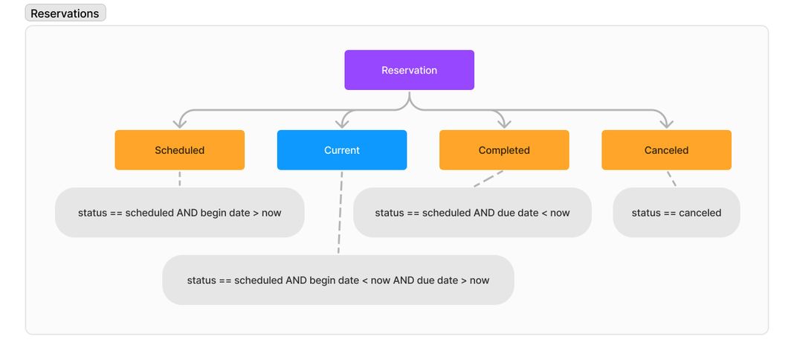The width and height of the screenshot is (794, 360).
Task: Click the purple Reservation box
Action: tap(409, 70)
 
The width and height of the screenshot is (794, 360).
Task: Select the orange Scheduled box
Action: tap(179, 150)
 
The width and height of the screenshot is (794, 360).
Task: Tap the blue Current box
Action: tap(341, 150)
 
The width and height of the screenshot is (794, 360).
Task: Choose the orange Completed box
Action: tap(504, 150)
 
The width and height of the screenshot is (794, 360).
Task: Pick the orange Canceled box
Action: tap(666, 150)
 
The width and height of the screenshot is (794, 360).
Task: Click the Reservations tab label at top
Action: tap(65, 13)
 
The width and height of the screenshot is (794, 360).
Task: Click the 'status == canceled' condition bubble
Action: tap(676, 213)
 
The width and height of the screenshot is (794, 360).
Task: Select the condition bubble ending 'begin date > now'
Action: tap(180, 213)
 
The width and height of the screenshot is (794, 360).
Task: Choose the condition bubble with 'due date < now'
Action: tap(472, 213)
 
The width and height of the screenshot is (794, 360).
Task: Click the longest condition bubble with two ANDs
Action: tap(338, 280)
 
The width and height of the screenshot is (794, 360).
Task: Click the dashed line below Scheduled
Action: tap(179, 179)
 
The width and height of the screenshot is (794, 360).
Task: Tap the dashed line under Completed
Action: tap(488, 179)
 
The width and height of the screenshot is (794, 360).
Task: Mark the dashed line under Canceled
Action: tap(671, 179)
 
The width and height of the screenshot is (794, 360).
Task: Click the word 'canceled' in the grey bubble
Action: tap(700, 213)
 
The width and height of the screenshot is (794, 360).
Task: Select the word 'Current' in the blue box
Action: tap(341, 150)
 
